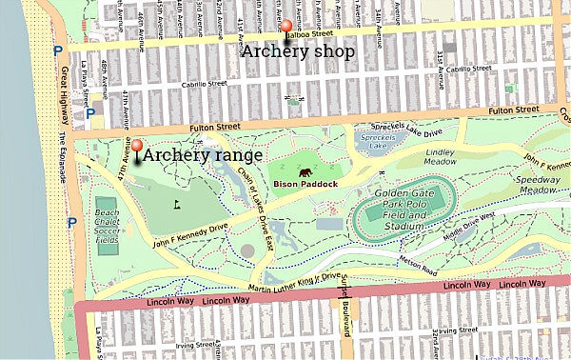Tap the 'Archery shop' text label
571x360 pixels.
click(x=298, y=51)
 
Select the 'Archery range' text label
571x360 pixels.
click(x=204, y=153)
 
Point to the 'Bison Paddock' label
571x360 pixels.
click(x=305, y=184)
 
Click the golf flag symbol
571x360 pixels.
click(x=177, y=203)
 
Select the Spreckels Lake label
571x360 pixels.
click(x=380, y=142)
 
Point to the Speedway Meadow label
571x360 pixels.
click(x=538, y=185)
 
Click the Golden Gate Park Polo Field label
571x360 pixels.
click(x=411, y=210)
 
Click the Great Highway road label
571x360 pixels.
click(x=64, y=95)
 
